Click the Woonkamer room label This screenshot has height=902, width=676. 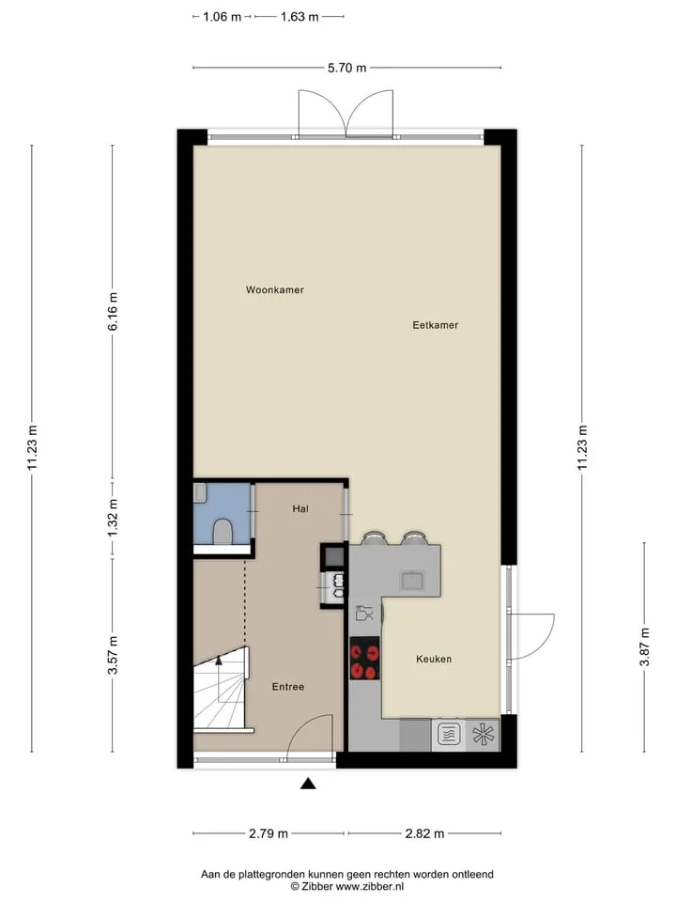point(275,290)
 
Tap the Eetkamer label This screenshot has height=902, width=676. point(435,325)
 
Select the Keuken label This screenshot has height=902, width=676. point(434,660)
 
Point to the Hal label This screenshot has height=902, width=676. point(300,508)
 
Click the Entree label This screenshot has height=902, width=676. point(288,687)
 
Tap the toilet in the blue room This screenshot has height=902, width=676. point(223,532)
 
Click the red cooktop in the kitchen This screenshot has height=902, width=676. point(365,659)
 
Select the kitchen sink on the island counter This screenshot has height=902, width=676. point(413,580)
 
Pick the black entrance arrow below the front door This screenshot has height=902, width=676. point(309,783)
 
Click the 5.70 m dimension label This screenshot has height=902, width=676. point(346,68)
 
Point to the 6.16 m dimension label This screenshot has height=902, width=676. point(113,311)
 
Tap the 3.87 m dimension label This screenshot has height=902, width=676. point(644,646)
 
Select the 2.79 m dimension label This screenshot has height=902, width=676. point(269,833)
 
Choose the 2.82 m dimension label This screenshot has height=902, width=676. point(424,833)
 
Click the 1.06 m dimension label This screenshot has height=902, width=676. point(222,17)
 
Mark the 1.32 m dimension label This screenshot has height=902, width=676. point(113,518)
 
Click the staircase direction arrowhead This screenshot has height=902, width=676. point(219,661)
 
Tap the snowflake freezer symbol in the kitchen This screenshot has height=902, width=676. point(483,735)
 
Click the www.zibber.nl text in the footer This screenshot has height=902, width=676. point(370,886)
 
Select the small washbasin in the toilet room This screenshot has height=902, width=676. point(199,493)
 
